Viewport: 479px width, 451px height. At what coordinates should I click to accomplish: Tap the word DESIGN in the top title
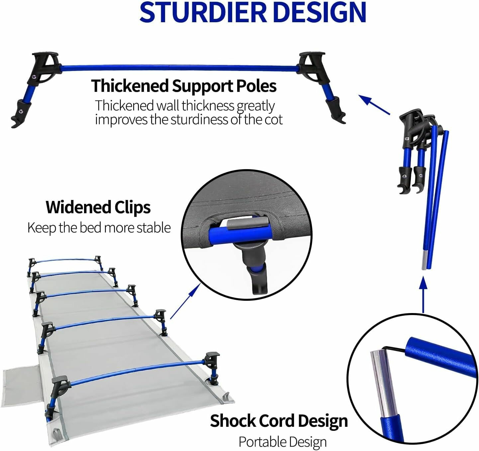pos(319,13)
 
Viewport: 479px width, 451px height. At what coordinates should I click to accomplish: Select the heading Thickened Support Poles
pos(184,86)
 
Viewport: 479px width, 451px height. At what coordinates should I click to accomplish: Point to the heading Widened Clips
pos(98,207)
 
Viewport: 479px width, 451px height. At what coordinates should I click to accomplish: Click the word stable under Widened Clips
pos(154,228)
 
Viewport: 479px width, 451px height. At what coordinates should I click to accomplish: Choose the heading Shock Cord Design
pos(279,421)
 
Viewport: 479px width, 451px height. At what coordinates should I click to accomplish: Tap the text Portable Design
pos(282,442)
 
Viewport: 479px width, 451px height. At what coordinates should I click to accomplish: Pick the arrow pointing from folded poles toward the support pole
pos(374,104)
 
